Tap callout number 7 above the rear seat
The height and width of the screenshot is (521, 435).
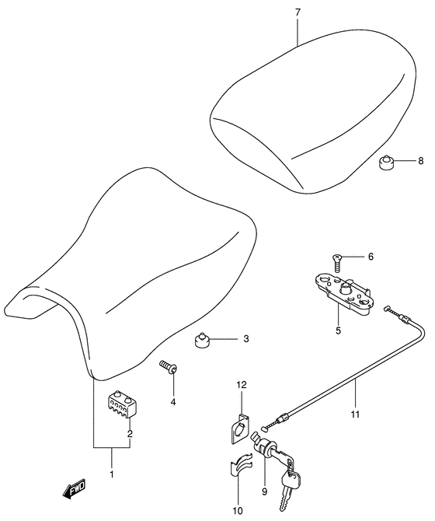[298, 12]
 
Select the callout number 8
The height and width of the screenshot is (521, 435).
[421, 161]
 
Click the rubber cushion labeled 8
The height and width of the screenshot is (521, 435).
[387, 162]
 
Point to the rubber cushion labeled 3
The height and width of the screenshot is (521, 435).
[202, 340]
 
